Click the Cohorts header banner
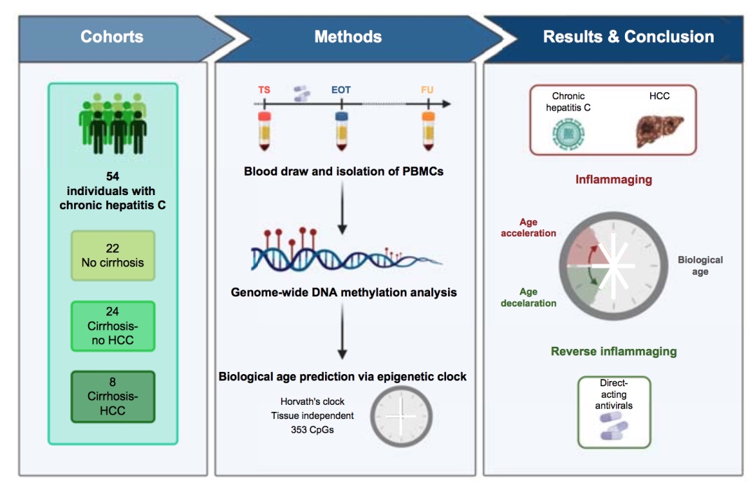point(112,36)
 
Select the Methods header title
point(348,36)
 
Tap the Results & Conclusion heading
point(628,36)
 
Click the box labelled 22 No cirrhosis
point(113,255)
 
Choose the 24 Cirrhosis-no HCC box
point(113,326)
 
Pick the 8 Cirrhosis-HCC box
point(113,396)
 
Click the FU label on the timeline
point(427,90)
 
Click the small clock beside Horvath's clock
point(402,416)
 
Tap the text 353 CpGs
point(312,430)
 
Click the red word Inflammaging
point(613,180)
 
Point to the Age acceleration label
point(528,227)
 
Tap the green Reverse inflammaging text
point(613,351)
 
